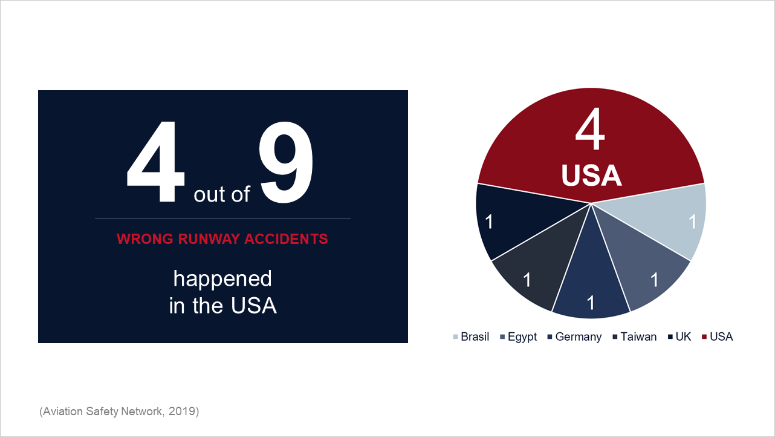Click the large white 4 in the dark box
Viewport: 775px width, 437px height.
click(x=156, y=162)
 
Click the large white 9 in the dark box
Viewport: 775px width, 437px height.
click(x=286, y=162)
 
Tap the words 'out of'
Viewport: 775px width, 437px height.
click(x=222, y=194)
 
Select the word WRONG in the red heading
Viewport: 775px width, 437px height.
click(x=145, y=239)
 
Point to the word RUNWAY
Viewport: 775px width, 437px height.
click(x=209, y=239)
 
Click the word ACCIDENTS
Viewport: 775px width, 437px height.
click(x=286, y=239)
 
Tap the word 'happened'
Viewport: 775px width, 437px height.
click(x=222, y=279)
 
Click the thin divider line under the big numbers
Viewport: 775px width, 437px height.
click(x=223, y=219)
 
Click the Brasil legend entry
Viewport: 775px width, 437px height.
click(x=472, y=337)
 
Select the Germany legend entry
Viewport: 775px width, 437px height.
click(x=574, y=337)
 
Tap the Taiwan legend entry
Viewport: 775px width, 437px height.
click(x=635, y=337)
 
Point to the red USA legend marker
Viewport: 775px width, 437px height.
click(x=704, y=337)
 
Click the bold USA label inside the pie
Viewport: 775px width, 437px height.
click(x=591, y=175)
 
